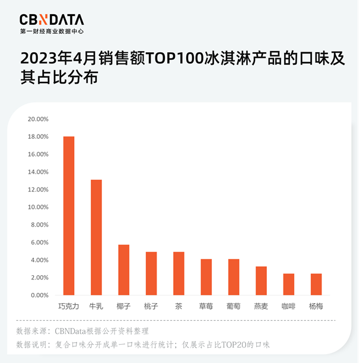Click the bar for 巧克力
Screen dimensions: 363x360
pos(69,216)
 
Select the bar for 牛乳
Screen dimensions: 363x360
pos(96,237)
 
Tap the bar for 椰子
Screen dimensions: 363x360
pos(123,270)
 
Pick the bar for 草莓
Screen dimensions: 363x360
pos(206,277)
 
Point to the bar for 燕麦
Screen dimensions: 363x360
pos(261,281)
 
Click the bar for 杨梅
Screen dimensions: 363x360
pos(316,284)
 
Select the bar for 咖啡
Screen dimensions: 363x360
pos(288,284)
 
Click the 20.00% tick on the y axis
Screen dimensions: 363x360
pos(38,119)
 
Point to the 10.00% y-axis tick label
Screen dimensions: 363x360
pos(38,207)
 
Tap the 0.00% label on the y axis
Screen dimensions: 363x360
pos(39,295)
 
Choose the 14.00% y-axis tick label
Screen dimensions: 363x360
pos(38,172)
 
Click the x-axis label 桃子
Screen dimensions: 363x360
pos(151,307)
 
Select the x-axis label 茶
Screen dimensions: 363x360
pos(179,307)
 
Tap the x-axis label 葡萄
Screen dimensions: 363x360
pos(234,307)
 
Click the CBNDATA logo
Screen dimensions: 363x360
pos(52,20)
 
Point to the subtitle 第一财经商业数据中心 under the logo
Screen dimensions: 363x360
pos(52,31)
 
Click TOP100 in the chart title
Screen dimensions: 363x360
pos(173,59)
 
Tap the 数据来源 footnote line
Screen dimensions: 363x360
pos(82,331)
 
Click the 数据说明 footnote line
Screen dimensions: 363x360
pos(143,344)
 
